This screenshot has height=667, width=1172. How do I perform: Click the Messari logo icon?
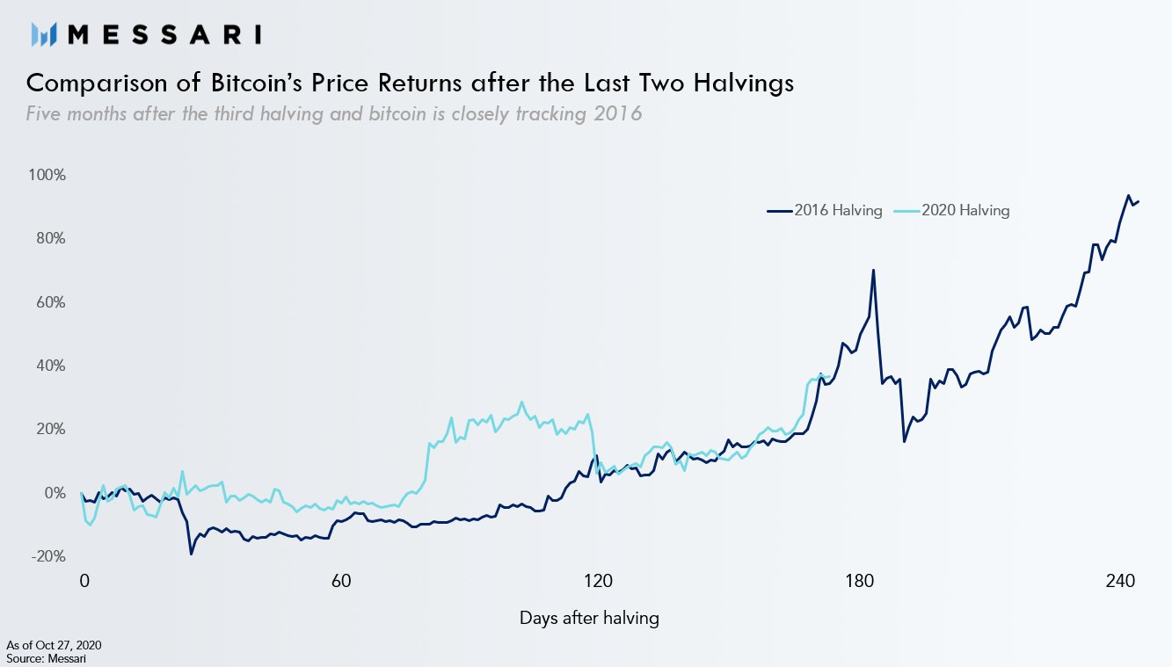[x=44, y=34]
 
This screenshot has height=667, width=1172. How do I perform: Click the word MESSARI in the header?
[x=164, y=34]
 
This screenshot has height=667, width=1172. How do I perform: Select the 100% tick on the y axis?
[x=47, y=175]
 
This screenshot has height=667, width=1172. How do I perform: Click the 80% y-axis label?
[x=49, y=238]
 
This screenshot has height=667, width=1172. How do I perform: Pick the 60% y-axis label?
[x=49, y=302]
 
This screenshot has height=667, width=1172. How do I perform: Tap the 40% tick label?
[x=49, y=366]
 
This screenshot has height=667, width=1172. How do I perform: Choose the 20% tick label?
[x=49, y=430]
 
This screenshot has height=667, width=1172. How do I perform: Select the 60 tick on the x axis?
[x=341, y=582]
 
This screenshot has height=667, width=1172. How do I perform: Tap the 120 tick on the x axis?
[x=599, y=582]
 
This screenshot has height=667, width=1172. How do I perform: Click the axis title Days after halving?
[x=589, y=618]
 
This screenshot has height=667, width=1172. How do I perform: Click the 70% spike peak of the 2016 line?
[x=873, y=270]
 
